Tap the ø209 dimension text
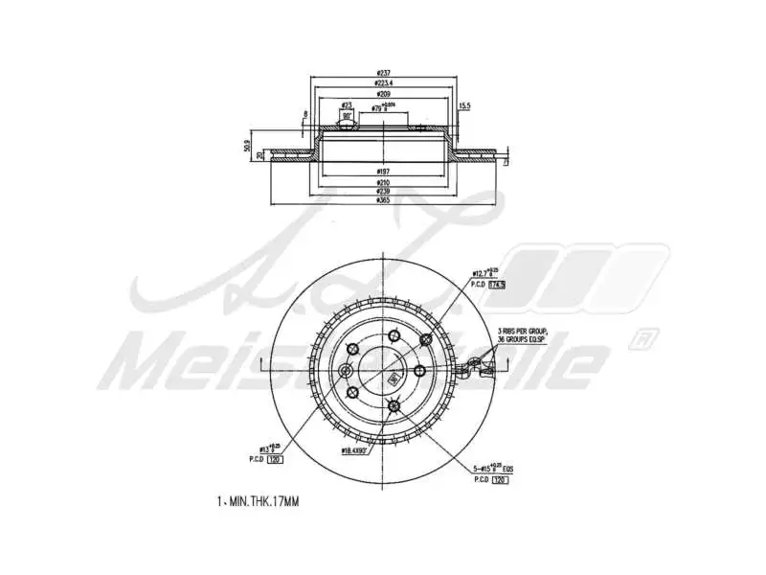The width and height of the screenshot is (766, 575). pyautogui.click(x=383, y=96)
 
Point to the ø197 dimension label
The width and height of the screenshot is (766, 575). pyautogui.click(x=383, y=170)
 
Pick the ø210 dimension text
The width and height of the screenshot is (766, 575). pyautogui.click(x=383, y=181)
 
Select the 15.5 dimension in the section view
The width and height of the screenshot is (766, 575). pyautogui.click(x=464, y=105)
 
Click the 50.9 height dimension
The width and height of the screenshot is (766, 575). pyautogui.click(x=247, y=149)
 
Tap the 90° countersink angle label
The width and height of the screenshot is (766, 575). pyautogui.click(x=346, y=116)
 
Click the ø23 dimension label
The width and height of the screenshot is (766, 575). pyautogui.click(x=347, y=105)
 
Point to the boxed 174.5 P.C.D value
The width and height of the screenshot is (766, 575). pyautogui.click(x=496, y=285)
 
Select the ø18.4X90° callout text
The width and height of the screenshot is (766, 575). pyautogui.click(x=358, y=448)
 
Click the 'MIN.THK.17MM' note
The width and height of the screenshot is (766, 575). pyautogui.click(x=258, y=501)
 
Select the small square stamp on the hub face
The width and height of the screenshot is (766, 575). pyautogui.click(x=393, y=378)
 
